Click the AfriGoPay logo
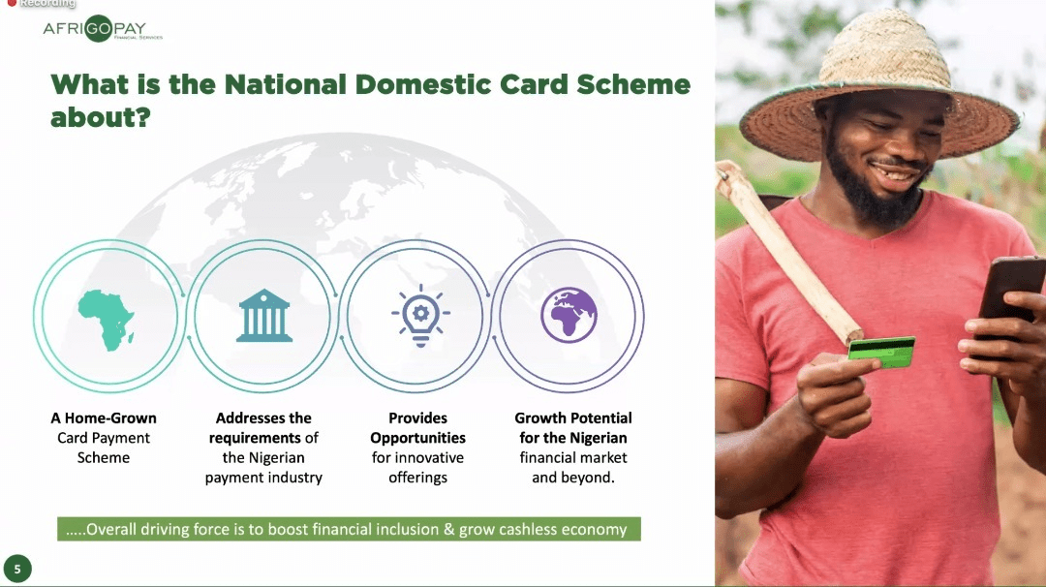click(x=103, y=30)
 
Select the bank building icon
click(x=263, y=315)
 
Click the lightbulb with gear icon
click(x=420, y=315)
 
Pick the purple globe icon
click(x=569, y=315)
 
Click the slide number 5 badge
click(x=16, y=569)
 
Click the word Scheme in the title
click(x=633, y=84)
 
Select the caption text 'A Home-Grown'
click(x=104, y=418)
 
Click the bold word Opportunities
click(x=417, y=438)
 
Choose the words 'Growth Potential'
click(x=573, y=418)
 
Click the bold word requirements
click(x=255, y=438)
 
